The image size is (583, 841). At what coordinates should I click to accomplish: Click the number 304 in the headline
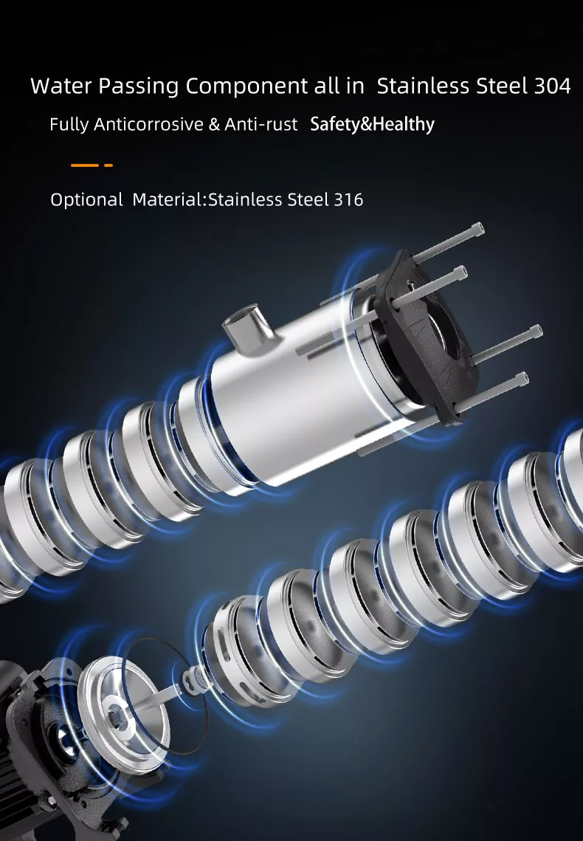coord(553,86)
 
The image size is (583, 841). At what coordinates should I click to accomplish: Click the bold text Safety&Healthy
coord(373,124)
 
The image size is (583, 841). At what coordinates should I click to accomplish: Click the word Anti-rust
coord(261,125)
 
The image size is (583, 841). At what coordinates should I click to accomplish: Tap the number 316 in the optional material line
coord(348,199)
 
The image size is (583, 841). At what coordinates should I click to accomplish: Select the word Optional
coord(86,200)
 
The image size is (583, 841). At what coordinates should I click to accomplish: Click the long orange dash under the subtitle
coord(85,165)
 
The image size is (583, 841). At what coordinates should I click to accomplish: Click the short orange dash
coord(108,165)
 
